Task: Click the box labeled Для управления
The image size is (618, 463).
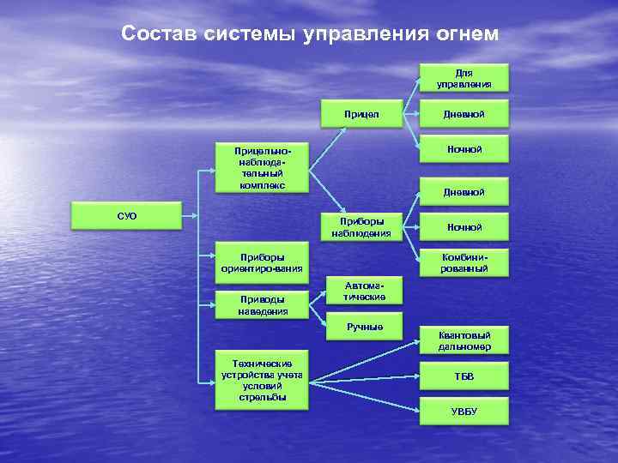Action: click(x=463, y=78)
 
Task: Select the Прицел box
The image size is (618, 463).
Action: click(x=360, y=113)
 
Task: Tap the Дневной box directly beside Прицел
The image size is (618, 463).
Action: click(x=463, y=113)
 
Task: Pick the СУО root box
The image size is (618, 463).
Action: click(x=127, y=216)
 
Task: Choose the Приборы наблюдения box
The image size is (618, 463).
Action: click(x=360, y=226)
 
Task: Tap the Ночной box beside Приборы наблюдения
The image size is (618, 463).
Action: click(x=463, y=227)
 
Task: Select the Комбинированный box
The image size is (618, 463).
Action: click(x=463, y=262)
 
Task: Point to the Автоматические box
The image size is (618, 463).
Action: click(x=364, y=291)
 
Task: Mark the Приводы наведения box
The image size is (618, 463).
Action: click(x=262, y=305)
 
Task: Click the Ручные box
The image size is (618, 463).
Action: click(x=364, y=327)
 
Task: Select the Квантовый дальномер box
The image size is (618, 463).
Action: click(x=463, y=340)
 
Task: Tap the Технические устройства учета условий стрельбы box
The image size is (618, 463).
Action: click(x=262, y=380)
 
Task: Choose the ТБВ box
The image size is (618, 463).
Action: click(x=463, y=376)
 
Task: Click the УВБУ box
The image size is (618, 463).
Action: click(x=463, y=412)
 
